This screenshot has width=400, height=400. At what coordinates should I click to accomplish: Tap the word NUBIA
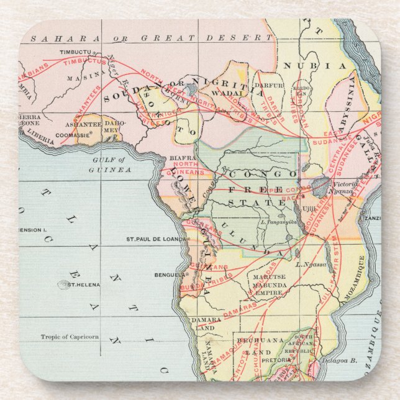[x=306, y=66]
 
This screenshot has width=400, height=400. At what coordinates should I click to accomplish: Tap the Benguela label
[x=168, y=274]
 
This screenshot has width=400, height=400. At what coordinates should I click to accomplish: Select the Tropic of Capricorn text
[x=70, y=337]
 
